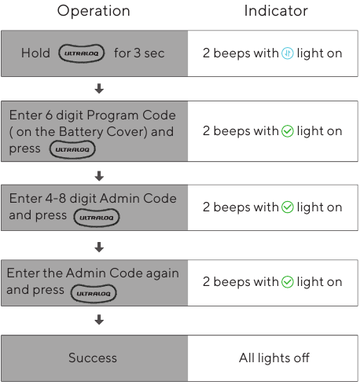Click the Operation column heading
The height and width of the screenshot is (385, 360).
coord(94,11)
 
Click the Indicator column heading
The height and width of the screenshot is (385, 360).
coord(276,11)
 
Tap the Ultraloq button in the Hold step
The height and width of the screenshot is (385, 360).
coord(82,53)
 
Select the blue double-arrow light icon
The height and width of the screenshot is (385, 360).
coord(288,53)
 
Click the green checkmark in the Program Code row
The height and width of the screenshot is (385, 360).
coord(288,131)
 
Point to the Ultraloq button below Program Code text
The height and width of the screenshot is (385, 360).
coord(72,149)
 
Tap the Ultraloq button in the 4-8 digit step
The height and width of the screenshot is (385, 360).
coord(97,218)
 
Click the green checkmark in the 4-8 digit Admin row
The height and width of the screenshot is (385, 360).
coord(288,207)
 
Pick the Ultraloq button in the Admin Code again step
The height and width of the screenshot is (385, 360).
coord(94,294)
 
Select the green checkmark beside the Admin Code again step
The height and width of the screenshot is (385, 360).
coord(288,282)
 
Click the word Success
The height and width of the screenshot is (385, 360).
coord(93,357)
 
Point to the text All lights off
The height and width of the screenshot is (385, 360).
coord(274,357)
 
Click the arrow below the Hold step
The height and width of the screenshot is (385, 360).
coord(99,89)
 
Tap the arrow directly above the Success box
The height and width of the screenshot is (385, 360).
coord(99,320)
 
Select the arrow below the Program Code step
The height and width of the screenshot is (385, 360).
coord(99,176)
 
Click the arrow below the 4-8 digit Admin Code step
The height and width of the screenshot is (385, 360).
coord(99,247)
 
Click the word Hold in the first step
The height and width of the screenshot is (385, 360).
coord(35,53)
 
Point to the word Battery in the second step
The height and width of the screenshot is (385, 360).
coord(81,132)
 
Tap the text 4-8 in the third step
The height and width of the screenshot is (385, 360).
coord(56,198)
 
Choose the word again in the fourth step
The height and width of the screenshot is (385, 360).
coord(163,274)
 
